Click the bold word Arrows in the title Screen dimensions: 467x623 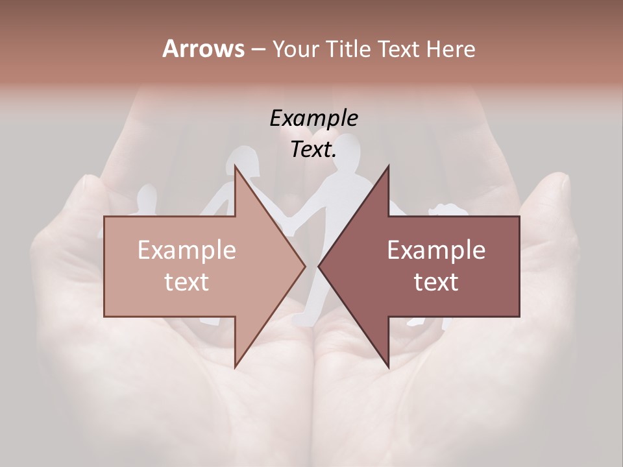click(203, 49)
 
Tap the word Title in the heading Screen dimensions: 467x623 click(349, 49)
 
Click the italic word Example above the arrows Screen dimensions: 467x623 click(314, 118)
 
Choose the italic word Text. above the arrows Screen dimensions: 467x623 click(314, 149)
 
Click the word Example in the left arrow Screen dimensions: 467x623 click(187, 250)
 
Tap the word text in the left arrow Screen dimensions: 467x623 click(187, 282)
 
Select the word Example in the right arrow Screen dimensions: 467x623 click(436, 250)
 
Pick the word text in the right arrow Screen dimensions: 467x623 click(436, 282)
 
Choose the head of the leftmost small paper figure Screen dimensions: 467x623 click(148, 196)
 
